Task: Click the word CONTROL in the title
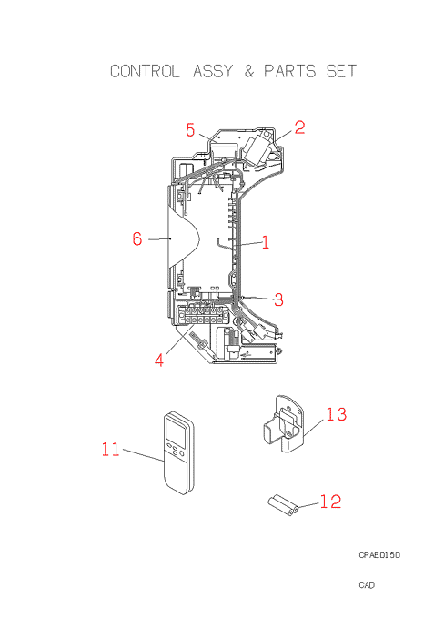click(145, 71)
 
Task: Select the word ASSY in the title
click(213, 71)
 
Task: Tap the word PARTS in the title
click(290, 71)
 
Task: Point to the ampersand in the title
click(248, 71)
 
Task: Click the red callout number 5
click(190, 130)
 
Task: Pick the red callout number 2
click(299, 127)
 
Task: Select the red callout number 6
click(137, 238)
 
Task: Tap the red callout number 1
click(266, 242)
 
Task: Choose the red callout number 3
click(278, 299)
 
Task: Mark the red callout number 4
click(159, 360)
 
